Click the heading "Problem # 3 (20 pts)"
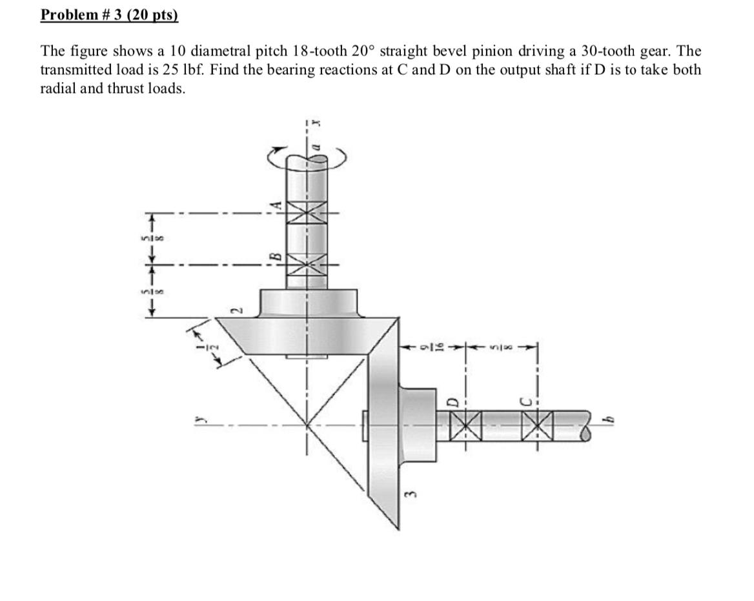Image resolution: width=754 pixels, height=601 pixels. pyautogui.click(x=108, y=15)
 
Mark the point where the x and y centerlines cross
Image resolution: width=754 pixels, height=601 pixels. pyautogui.click(x=307, y=426)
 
